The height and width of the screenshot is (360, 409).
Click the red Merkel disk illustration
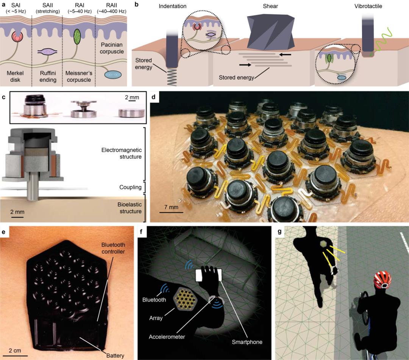[x=17, y=37]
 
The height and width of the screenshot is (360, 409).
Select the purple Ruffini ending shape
[x=47, y=52]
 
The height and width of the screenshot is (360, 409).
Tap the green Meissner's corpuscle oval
[x=77, y=36]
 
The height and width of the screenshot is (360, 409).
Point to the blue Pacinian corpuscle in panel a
[x=113, y=75]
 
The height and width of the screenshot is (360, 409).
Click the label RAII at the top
[x=111, y=5]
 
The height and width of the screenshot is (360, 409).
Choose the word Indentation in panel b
[x=172, y=6]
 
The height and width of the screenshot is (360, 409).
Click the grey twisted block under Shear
[x=270, y=32]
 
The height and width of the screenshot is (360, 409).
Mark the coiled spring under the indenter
[x=172, y=77]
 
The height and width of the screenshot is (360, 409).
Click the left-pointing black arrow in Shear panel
[x=285, y=55]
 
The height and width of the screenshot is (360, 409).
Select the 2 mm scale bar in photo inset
[x=132, y=100]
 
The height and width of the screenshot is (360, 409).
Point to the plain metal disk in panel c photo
[x=131, y=113]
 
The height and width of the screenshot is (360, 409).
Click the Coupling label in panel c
[x=130, y=187]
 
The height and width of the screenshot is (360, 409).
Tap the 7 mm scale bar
[x=171, y=213]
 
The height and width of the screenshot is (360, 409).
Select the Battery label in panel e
[x=115, y=355]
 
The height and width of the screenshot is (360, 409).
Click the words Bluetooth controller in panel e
[x=113, y=248]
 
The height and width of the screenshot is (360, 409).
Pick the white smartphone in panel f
[x=208, y=275]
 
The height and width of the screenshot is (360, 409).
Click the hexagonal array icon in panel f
[x=186, y=299]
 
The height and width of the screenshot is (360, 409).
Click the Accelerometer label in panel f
[x=167, y=337]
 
